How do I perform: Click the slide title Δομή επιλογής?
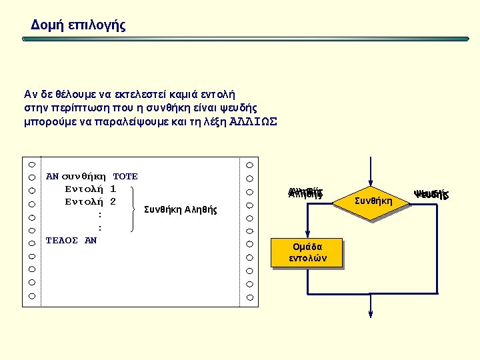pos(78,25)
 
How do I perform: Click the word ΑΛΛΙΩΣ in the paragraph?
pos(253,122)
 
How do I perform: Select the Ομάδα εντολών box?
pos(307,253)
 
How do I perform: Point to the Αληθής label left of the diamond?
pos(305,194)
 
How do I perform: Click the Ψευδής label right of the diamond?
pos(431,195)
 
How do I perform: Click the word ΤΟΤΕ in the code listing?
pos(125,177)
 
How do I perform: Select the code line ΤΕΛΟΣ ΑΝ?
pos(71,240)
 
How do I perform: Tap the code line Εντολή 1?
pos(91,189)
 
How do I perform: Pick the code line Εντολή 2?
pos(91,202)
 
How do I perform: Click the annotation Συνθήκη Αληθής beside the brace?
pos(181,209)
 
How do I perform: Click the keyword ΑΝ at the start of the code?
pos(52,177)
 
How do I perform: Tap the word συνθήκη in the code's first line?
pos(84,177)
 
